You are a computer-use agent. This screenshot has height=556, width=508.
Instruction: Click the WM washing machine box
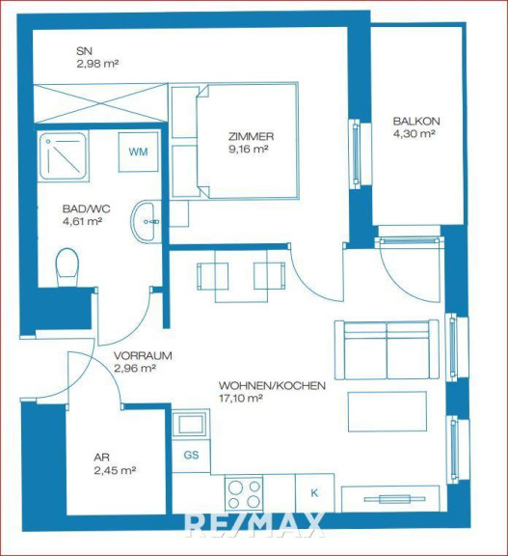(139, 153)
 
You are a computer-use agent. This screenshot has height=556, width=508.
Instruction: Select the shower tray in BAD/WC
(64, 155)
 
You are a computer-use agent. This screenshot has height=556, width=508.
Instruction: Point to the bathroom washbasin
(147, 222)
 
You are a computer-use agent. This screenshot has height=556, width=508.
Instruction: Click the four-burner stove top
(244, 494)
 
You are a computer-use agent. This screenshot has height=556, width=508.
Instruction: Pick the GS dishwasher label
(191, 455)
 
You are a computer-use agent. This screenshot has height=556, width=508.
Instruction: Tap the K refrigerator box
(314, 493)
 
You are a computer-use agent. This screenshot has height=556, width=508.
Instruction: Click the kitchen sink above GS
(191, 424)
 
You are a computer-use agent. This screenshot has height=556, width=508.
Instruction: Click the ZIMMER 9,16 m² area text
(248, 150)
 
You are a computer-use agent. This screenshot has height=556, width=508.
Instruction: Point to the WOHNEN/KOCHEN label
(272, 385)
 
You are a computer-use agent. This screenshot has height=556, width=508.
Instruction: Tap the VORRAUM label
(143, 355)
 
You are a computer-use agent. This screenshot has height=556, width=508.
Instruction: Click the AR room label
(101, 458)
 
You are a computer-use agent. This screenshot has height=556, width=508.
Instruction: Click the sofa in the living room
(387, 350)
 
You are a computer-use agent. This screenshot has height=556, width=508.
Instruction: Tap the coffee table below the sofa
(388, 411)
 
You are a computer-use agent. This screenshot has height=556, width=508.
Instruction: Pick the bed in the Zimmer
(246, 140)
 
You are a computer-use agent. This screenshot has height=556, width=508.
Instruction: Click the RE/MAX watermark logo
(254, 525)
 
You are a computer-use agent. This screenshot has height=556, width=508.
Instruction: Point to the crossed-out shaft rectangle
(101, 103)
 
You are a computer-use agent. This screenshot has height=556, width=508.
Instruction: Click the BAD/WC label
(86, 208)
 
